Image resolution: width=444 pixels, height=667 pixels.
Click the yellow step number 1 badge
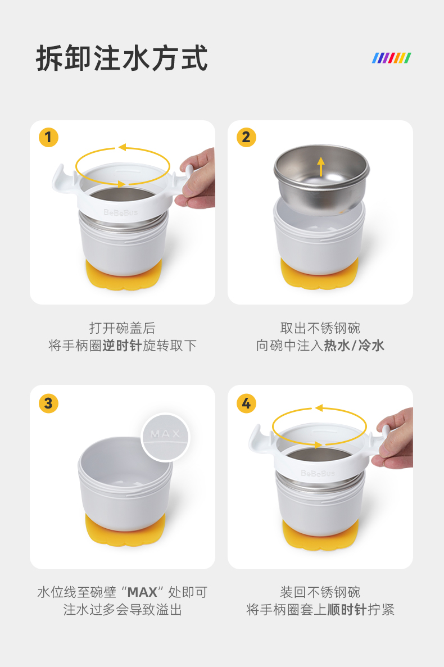tap(48, 138)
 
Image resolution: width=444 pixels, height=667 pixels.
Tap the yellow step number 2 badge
tap(246, 138)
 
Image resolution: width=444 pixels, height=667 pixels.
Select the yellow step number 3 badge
tap(48, 403)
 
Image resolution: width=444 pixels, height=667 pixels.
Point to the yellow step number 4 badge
tap(246, 403)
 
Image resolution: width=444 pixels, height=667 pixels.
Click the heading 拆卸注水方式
tap(122, 58)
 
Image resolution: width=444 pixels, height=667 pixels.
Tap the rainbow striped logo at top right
tap(392, 58)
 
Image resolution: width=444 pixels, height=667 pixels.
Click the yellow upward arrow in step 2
tap(321, 166)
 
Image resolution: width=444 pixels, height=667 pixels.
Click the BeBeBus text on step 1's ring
tap(121, 212)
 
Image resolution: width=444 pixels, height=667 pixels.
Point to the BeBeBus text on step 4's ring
tap(318, 473)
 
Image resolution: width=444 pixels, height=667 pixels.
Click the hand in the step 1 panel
tap(198, 179)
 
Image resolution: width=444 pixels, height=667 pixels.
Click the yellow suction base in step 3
tap(125, 529)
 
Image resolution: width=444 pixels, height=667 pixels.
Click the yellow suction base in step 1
tap(123, 274)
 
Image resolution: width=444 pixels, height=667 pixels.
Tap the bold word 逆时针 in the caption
tap(121, 346)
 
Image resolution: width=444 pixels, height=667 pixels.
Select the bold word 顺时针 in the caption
tap(347, 610)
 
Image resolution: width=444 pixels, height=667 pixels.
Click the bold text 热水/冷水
tap(354, 346)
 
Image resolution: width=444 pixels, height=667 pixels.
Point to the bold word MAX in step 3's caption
tap(142, 592)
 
